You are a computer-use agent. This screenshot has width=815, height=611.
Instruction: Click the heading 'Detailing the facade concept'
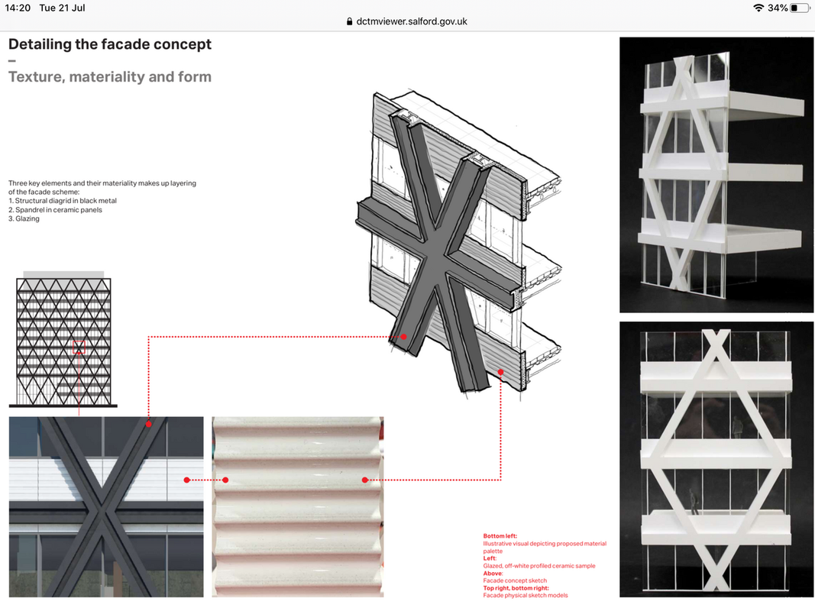110,45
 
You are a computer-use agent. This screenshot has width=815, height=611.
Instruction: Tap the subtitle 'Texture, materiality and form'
110,77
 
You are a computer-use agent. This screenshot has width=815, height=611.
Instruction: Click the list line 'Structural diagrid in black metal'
63,201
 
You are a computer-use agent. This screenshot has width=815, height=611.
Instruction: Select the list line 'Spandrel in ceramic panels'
55,210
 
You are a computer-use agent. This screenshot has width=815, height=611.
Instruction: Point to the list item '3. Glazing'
24,218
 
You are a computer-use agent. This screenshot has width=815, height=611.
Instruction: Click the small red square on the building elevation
79,347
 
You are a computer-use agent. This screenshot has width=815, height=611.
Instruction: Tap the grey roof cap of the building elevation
63,274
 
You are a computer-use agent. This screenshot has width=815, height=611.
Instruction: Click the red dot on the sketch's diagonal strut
403,337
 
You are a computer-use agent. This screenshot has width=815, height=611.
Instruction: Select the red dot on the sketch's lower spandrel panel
500,372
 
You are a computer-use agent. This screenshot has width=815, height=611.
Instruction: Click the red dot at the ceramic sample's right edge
365,480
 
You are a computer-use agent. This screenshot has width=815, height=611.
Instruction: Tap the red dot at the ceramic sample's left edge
225,480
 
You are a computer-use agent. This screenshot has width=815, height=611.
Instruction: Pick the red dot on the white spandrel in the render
186,480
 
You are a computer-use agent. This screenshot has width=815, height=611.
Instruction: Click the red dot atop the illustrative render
149,425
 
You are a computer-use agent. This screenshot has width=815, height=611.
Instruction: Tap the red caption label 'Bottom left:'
500,536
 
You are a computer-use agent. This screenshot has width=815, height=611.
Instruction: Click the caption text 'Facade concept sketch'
515,581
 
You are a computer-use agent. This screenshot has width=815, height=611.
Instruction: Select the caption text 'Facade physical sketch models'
526,596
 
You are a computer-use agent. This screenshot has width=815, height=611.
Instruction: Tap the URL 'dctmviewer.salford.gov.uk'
412,22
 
